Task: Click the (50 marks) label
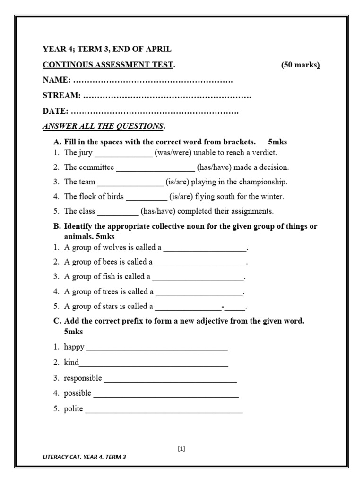click(x=301, y=65)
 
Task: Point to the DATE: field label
click(x=56, y=111)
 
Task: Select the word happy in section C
click(x=74, y=347)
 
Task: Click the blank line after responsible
click(x=170, y=378)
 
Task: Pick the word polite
click(x=73, y=409)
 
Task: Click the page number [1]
click(x=181, y=449)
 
